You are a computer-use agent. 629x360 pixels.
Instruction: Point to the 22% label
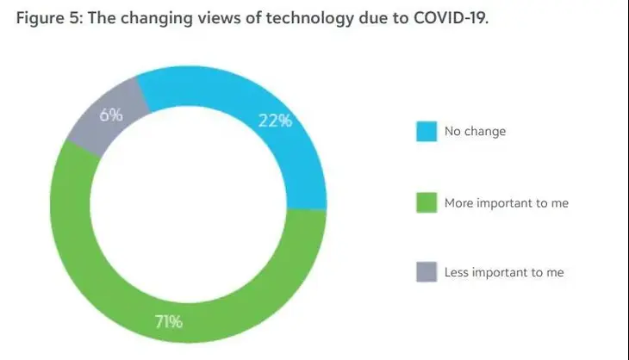275,121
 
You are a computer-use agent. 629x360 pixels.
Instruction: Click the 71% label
169,321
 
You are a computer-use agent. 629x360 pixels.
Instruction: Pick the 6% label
111,115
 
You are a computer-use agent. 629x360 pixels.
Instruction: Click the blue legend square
427,131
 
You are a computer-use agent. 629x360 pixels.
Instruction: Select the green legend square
427,202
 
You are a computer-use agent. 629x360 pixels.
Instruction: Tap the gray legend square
427,272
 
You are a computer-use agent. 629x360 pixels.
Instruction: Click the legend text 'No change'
475,131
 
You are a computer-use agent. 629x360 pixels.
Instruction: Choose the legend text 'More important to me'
507,203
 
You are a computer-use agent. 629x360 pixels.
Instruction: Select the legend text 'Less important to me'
504,272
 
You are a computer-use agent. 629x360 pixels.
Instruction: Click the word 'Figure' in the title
40,18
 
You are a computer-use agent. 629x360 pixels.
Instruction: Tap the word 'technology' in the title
309,19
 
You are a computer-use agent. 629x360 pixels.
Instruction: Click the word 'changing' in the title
157,19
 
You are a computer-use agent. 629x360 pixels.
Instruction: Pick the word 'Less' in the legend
457,272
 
